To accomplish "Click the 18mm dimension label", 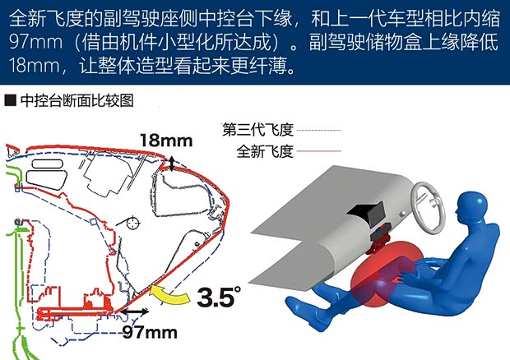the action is [166, 141].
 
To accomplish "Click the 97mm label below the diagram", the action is [150, 332].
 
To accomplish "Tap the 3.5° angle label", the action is [219, 296].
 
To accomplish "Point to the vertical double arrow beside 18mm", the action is [172, 164].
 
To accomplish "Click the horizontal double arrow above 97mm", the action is [134, 312].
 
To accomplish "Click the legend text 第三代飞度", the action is [258, 130].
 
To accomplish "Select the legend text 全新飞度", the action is [265, 151].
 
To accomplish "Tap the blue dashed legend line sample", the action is [319, 131].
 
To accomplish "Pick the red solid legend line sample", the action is [319, 150].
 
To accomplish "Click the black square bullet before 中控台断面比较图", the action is [11, 100].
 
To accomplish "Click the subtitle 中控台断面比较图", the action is [77, 100].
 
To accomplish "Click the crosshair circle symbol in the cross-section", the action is [133, 224].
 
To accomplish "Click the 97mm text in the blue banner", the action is [35, 42].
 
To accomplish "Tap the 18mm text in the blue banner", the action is [34, 65].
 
